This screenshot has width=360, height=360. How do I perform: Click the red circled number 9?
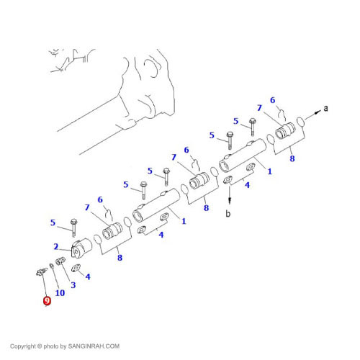click(47, 301)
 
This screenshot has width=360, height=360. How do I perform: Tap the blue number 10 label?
click(60, 293)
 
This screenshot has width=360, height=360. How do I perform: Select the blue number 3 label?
click(73, 285)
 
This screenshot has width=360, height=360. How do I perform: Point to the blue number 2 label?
click(56, 246)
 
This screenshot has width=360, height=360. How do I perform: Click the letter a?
click(325, 108)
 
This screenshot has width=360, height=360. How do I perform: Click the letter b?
click(228, 213)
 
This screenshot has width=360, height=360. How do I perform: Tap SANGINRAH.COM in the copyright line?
click(94, 346)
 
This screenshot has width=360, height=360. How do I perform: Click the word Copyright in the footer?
click(23, 346)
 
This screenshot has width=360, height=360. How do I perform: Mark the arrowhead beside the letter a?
click(318, 112)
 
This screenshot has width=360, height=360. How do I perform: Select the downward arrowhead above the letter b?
click(230, 200)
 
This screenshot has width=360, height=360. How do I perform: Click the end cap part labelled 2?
click(81, 248)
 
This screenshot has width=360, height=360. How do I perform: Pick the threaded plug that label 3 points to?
click(60, 261)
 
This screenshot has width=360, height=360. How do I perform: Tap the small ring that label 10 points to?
click(51, 266)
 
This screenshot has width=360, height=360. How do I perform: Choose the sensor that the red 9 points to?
click(41, 271)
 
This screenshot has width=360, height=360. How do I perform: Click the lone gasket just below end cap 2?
click(76, 268)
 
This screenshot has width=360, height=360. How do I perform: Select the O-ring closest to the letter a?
click(301, 121)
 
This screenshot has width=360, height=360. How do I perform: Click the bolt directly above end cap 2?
click(73, 228)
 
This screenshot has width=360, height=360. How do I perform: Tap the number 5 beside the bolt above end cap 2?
click(53, 222)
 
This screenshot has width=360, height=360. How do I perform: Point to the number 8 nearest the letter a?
click(292, 158)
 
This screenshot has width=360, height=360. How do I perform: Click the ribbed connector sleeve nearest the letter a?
click(284, 130)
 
